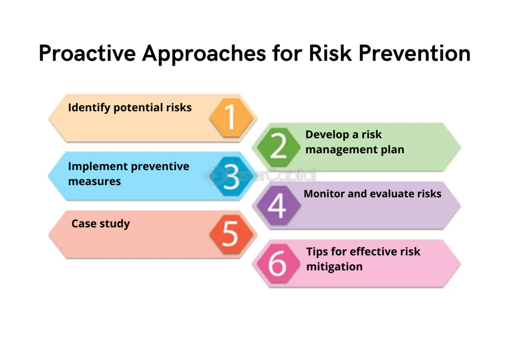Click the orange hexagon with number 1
pyautogui.click(x=231, y=117)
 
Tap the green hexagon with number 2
pyautogui.click(x=278, y=147)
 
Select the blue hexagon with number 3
pyautogui.click(x=231, y=176)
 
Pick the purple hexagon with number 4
pyautogui.click(x=278, y=205)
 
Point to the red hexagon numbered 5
pyautogui.click(x=231, y=234)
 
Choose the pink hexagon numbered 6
pyautogui.click(x=278, y=263)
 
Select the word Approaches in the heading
pyautogui.click(x=204, y=54)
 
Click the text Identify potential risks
pyautogui.click(x=130, y=107)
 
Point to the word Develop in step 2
pyautogui.click(x=328, y=135)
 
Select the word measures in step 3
pyautogui.click(x=94, y=181)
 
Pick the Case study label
pyautogui.click(x=100, y=224)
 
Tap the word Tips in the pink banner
pyautogui.click(x=317, y=252)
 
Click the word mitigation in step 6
pyautogui.click(x=335, y=267)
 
